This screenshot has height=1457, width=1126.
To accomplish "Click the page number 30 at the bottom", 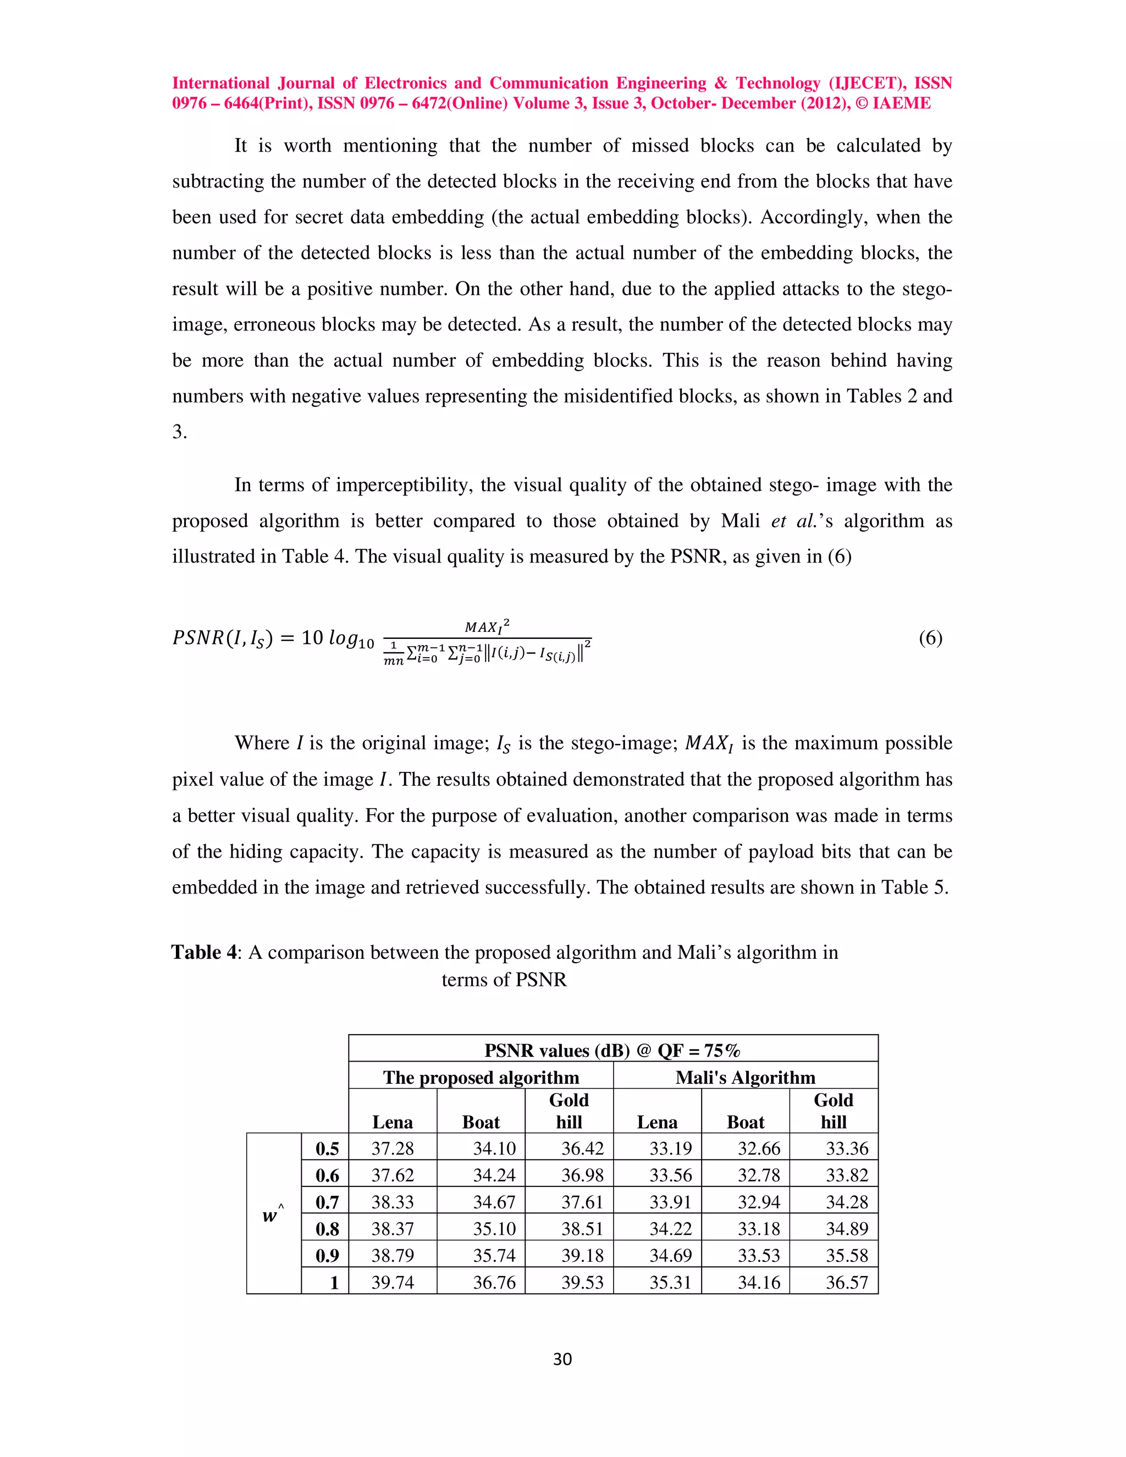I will [562, 1359].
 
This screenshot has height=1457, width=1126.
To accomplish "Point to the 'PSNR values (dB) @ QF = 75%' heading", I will [612, 1051].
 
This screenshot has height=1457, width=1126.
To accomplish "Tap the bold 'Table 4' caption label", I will [203, 952].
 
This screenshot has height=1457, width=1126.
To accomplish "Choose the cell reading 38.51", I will [582, 1229].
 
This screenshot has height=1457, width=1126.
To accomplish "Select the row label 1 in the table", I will [334, 1282].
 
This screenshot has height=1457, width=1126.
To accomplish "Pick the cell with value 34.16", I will [758, 1282].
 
